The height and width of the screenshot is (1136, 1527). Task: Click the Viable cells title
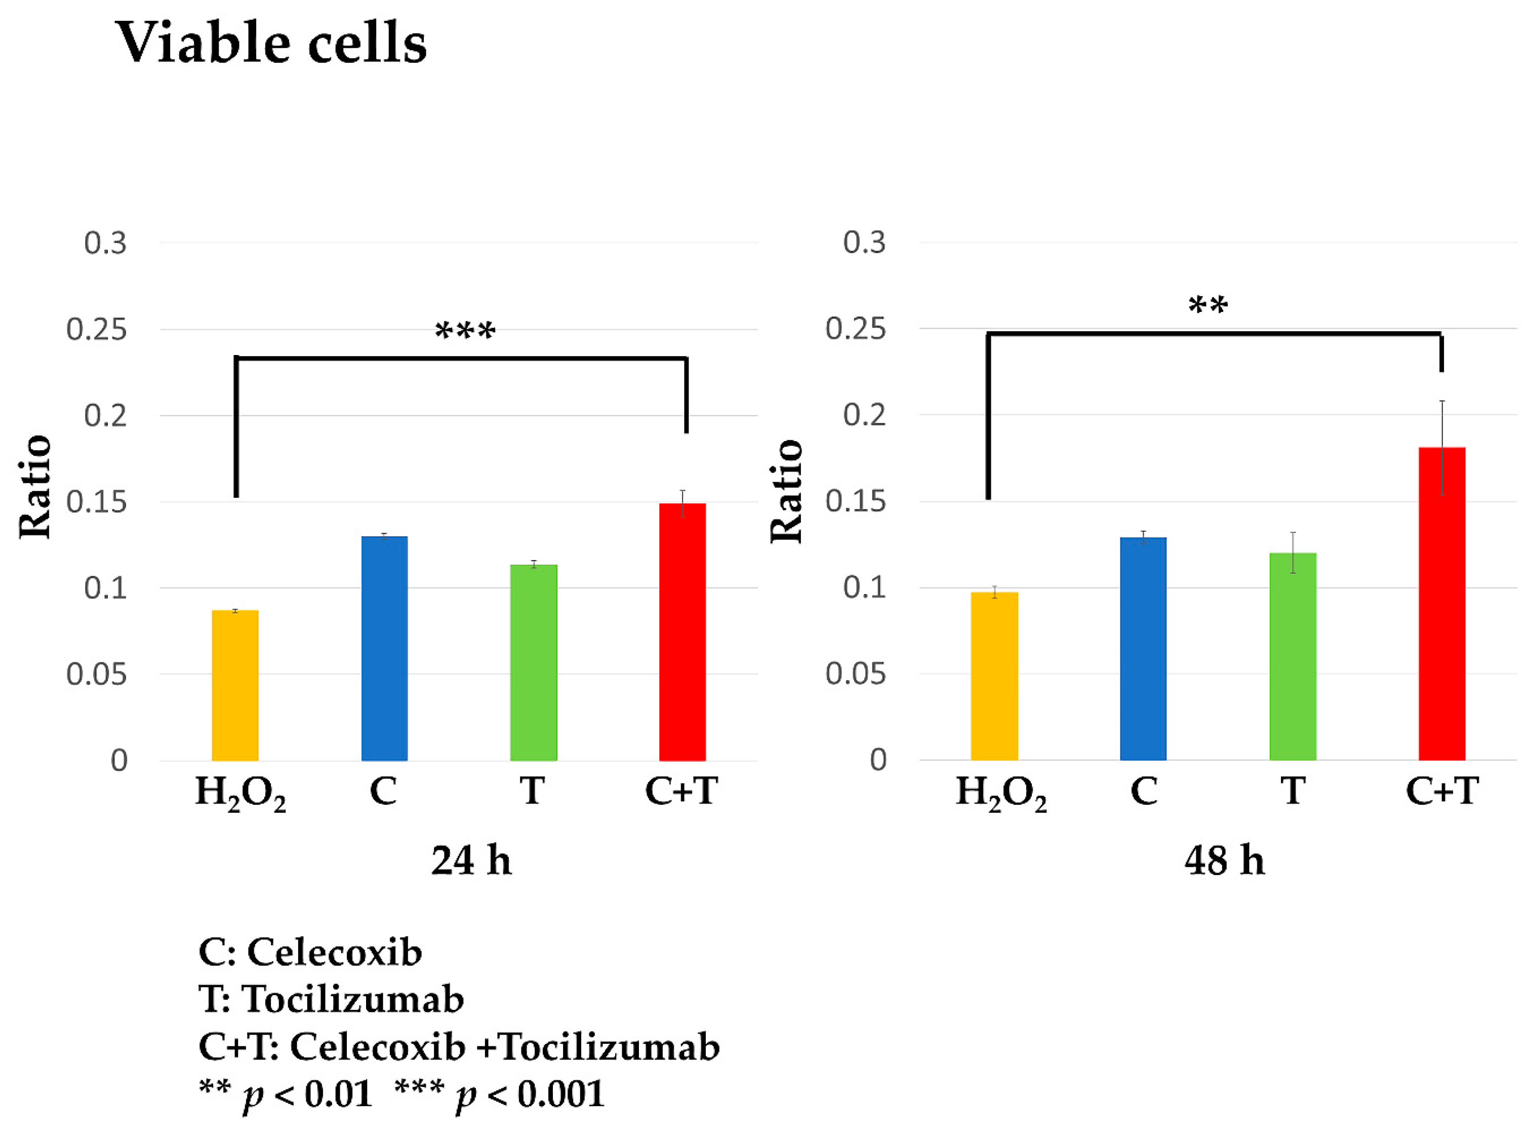click(271, 43)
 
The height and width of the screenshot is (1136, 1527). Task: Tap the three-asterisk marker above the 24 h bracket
click(465, 331)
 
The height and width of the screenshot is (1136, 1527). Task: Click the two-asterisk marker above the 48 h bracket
click(1208, 304)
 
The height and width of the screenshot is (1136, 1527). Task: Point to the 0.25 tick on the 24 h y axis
click(96, 329)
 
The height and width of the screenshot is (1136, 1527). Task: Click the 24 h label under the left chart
click(472, 860)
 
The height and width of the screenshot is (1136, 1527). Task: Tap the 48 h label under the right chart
click(1225, 860)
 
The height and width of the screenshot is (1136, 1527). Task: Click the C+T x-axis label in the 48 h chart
click(1442, 791)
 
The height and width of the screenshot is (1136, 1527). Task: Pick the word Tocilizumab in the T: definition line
click(353, 999)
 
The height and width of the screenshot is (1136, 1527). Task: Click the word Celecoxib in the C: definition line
click(334, 952)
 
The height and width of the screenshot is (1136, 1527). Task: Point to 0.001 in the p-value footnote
click(560, 1093)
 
